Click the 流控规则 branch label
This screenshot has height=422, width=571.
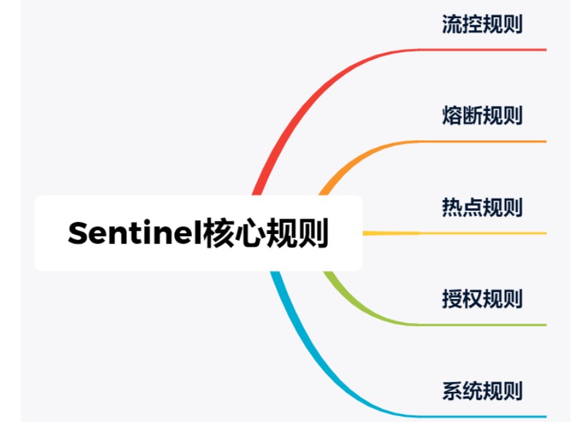tap(482, 25)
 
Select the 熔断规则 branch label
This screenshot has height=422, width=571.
tap(482, 116)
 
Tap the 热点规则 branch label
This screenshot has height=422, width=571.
tap(482, 207)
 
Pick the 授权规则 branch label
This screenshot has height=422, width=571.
tap(482, 298)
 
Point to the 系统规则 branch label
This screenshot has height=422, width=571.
tap(482, 390)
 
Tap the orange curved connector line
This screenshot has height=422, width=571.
tap(355, 158)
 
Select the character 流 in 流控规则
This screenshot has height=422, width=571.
tap(452, 25)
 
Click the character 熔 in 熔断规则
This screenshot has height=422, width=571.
tap(452, 116)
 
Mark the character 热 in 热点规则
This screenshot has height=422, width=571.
tap(452, 207)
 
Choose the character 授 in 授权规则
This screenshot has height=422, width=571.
tap(452, 298)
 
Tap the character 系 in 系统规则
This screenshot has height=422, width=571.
tap(452, 390)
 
